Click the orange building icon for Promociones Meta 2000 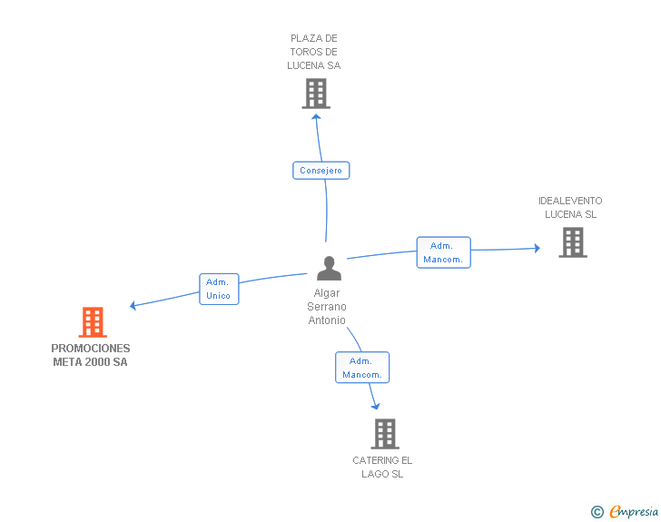92,322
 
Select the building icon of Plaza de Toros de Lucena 315,94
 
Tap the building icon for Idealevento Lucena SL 572,242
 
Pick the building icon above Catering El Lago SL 384,434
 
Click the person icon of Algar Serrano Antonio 329,269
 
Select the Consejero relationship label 321,171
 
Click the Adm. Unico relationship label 218,289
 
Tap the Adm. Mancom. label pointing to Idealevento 443,252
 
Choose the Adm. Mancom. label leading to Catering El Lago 362,368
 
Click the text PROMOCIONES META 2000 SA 91,355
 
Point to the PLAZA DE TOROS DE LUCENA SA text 314,52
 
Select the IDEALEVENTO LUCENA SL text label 570,208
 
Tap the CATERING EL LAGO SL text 382,467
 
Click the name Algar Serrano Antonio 327,307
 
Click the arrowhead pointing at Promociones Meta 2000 133,306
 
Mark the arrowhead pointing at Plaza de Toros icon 316,116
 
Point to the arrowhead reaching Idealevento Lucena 537,247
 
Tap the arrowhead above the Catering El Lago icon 375,407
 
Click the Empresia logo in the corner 633,512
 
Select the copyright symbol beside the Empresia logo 597,512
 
